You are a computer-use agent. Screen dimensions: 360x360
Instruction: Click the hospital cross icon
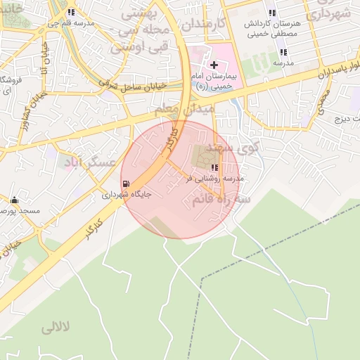(214, 65)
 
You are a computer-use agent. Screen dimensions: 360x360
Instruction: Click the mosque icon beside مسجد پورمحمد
(14, 200)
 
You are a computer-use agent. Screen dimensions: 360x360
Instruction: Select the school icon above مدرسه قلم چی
(70, 13)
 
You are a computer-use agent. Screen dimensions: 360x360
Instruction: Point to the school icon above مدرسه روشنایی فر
(214, 167)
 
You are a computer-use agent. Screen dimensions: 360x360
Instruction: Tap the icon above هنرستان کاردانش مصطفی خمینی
(272, 13)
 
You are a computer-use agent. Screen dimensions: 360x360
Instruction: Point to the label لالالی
(56, 328)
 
